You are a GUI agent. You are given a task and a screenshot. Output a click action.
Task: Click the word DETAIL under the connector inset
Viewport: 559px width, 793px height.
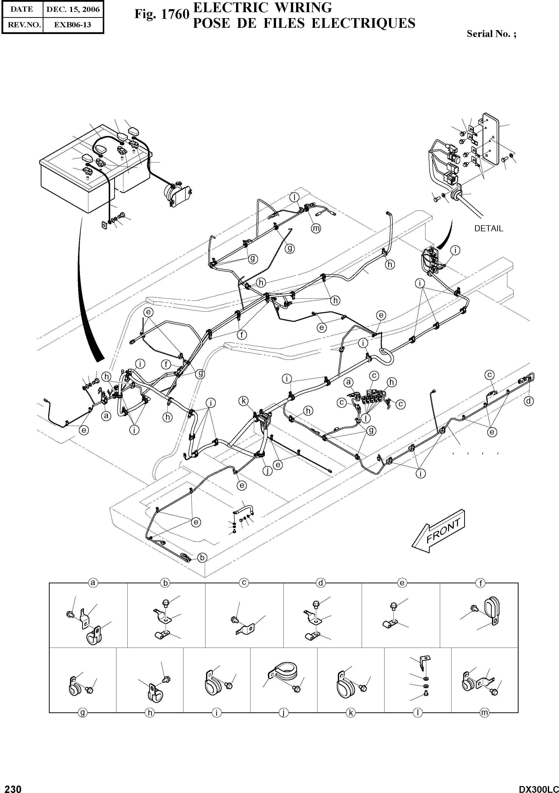489,228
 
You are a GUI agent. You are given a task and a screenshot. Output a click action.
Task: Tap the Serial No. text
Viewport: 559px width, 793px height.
491,34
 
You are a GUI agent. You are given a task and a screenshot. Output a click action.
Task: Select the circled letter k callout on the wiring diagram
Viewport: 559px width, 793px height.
244,401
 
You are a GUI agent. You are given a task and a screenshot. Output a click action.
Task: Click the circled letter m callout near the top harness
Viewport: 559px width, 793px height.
316,228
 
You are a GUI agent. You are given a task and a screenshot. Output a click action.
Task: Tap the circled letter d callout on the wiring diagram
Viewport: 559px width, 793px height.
529,401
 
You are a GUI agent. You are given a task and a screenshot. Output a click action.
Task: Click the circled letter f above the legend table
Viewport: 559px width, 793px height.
480,583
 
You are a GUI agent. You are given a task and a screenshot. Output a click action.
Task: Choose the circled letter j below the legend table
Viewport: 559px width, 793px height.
283,713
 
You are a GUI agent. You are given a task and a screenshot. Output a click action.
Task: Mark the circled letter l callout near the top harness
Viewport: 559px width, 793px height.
294,197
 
